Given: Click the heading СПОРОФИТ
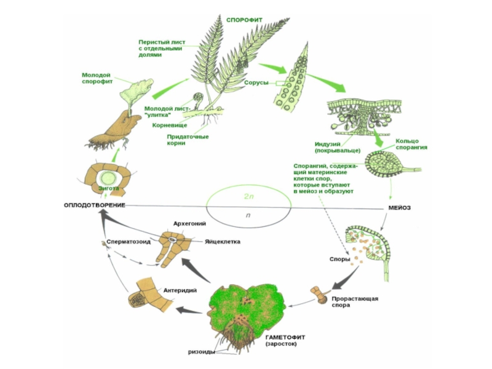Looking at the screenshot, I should (x=244, y=20).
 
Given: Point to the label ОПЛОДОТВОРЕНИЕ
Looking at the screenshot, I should (x=95, y=204).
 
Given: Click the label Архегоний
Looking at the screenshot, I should (x=189, y=224).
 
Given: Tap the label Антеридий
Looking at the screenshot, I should (x=180, y=290).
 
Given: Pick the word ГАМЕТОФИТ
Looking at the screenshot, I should (x=286, y=337).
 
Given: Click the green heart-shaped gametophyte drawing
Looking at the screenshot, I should (x=246, y=307).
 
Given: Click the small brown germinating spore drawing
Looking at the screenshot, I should (x=320, y=295).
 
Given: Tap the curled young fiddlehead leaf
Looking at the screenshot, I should (x=198, y=98).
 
